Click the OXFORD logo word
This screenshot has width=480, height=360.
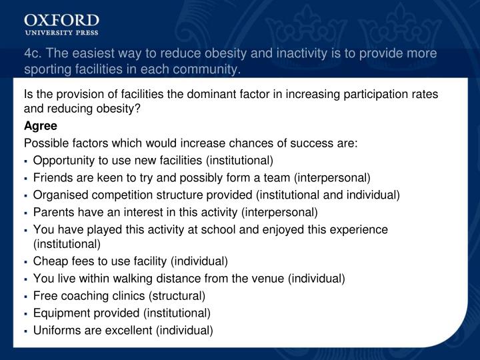click(x=61, y=19)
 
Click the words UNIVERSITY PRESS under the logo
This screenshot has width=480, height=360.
click(x=61, y=32)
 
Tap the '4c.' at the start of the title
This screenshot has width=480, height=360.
click(x=32, y=54)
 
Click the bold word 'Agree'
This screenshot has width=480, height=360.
click(x=41, y=125)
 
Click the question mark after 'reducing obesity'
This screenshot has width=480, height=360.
click(x=138, y=109)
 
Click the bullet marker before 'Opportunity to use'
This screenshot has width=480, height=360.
click(x=26, y=161)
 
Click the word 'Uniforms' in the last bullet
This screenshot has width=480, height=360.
click(x=55, y=330)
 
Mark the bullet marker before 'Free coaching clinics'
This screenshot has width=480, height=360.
click(x=26, y=295)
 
